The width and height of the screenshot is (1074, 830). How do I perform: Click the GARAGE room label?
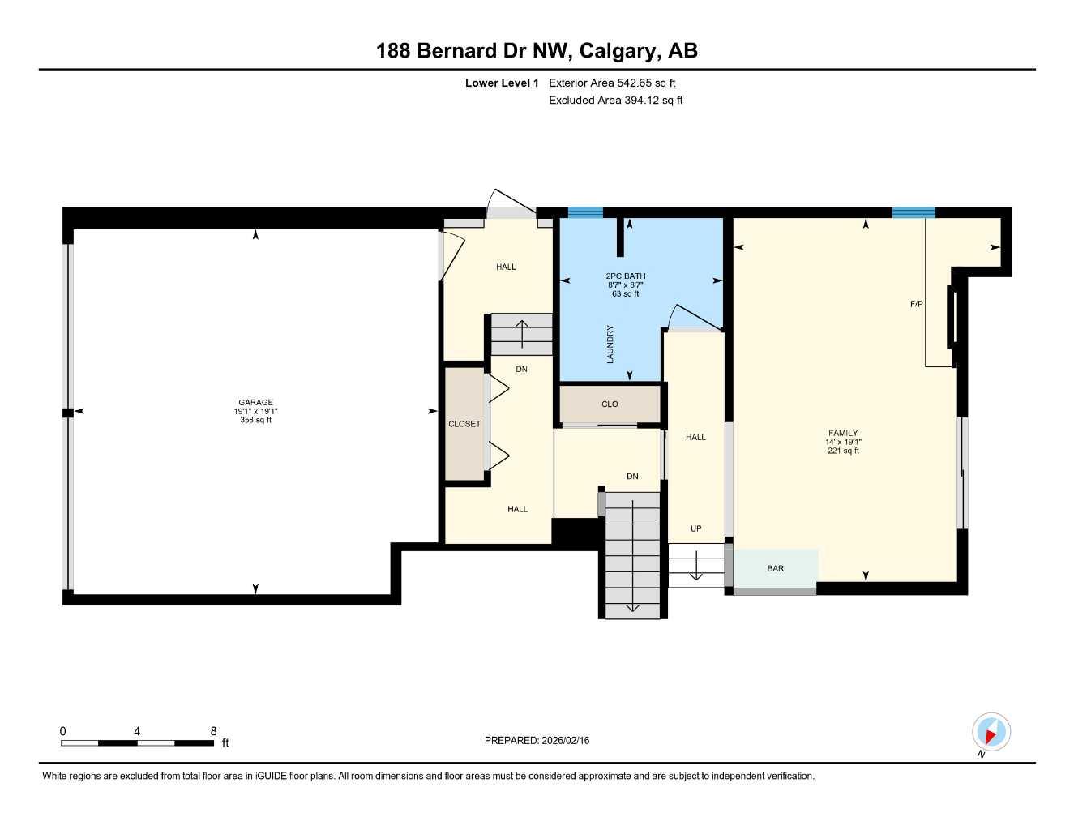point(255,402)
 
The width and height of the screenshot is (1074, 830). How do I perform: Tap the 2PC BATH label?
point(626,276)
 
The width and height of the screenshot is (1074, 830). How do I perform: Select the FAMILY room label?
point(843,433)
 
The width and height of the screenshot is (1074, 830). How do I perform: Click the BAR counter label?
point(776,568)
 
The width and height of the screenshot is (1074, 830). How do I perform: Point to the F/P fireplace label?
point(917,304)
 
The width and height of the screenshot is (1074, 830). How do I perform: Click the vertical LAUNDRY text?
point(610,344)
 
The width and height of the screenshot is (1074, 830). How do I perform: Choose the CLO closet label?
point(610,404)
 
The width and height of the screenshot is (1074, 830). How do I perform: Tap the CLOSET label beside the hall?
point(464,424)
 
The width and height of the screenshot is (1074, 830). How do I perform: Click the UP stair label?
point(695,528)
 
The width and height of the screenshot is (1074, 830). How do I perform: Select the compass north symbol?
point(991,733)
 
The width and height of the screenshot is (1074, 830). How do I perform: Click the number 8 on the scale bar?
point(214,731)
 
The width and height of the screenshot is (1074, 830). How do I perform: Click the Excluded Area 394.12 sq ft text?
point(615,101)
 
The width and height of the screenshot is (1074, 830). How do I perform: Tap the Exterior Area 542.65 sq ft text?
point(612,83)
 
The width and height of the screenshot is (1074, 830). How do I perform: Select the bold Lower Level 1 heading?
point(502,83)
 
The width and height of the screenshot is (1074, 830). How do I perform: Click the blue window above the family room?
point(914,212)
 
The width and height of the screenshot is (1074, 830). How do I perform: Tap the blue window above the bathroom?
point(585,212)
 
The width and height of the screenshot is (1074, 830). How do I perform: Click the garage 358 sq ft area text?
point(255,420)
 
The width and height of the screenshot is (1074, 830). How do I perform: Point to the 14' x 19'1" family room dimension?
point(843,442)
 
